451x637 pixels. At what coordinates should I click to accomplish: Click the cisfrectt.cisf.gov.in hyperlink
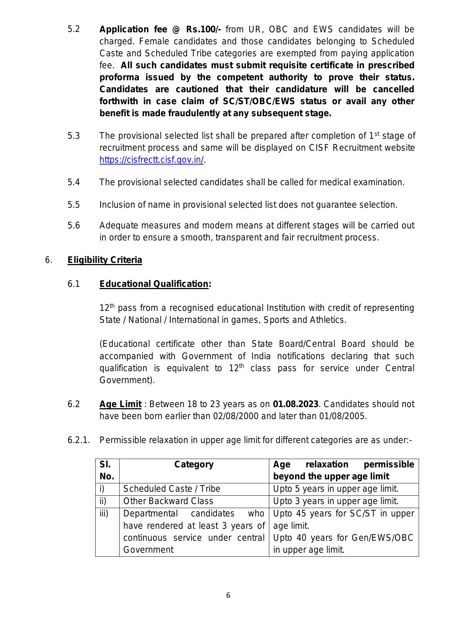(x=152, y=160)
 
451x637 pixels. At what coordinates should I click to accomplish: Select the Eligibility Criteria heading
(x=105, y=260)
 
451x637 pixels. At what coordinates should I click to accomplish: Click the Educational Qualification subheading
(x=154, y=284)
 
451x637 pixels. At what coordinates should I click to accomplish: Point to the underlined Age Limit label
(x=120, y=404)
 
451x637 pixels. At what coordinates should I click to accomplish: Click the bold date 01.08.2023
(x=295, y=404)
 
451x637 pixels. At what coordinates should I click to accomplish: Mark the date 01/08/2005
(x=342, y=416)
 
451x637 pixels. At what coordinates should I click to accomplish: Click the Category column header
(x=194, y=464)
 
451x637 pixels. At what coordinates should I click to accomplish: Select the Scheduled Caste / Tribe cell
(x=172, y=489)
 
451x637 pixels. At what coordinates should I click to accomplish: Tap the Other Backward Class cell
(x=168, y=501)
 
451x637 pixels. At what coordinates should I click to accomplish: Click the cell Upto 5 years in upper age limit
(x=336, y=489)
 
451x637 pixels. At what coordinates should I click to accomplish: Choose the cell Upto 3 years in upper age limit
(x=336, y=501)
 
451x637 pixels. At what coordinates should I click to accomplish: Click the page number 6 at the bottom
(x=228, y=595)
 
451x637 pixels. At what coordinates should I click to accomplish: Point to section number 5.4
(x=73, y=182)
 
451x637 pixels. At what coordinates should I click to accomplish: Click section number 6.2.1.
(x=78, y=440)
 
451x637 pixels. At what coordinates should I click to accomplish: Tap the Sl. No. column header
(x=107, y=470)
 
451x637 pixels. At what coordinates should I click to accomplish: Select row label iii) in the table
(x=104, y=514)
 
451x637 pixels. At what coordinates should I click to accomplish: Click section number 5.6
(x=73, y=226)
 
